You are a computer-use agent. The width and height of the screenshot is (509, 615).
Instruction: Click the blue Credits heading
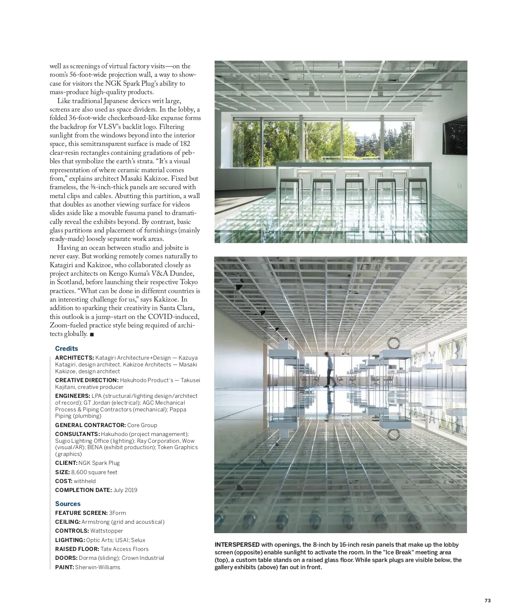(67, 349)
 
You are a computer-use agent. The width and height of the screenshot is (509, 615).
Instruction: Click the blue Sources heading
(68, 504)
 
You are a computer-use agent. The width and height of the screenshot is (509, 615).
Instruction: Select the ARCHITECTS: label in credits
(74, 358)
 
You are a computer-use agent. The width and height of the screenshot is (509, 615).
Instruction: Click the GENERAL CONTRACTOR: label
(90, 425)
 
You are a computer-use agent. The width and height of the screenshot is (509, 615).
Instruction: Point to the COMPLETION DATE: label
(83, 490)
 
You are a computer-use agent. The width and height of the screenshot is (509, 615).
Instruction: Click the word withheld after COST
(85, 481)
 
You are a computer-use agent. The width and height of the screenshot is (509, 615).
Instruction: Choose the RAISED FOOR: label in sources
(77, 549)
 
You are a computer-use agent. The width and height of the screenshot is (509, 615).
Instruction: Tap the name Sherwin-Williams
(98, 567)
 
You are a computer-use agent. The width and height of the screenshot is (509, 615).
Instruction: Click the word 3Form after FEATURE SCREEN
(117, 513)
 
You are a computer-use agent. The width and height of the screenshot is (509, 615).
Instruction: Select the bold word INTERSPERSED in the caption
(237, 545)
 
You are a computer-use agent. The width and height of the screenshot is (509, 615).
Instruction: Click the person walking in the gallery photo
(329, 369)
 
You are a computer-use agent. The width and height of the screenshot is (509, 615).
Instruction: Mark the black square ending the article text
(92, 335)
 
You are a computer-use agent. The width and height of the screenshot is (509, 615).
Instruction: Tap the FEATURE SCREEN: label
(81, 513)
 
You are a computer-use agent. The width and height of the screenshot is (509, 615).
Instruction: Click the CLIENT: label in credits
(66, 463)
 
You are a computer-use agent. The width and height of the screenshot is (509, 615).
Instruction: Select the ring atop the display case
(394, 343)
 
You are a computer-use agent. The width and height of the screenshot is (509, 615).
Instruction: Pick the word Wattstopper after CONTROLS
(107, 531)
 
